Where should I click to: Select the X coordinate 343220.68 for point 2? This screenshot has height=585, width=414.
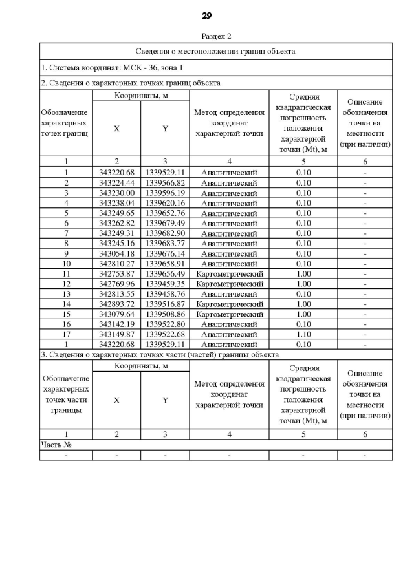coord(116,173)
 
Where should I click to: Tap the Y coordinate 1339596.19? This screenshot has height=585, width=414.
coord(166,193)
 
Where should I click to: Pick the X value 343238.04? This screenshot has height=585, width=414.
coord(116,203)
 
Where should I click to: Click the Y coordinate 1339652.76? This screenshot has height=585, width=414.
coord(166,213)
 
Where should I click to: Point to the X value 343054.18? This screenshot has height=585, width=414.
coord(116,253)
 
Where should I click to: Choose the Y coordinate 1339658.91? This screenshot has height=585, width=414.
coord(166,264)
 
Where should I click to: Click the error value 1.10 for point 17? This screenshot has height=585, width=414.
coord(303,334)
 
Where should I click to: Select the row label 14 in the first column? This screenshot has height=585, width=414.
coord(66,304)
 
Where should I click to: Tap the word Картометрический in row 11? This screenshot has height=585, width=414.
coord(230,273)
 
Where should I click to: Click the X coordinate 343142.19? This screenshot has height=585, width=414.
coord(116,324)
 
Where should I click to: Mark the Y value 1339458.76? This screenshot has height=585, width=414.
coord(166,293)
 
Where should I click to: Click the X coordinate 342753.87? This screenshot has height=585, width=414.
coord(116,273)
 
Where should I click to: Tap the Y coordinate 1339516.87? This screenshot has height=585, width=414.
coord(166,304)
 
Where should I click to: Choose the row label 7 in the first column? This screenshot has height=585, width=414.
coord(66,233)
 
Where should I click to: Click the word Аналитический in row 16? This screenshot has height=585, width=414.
coord(230,324)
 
